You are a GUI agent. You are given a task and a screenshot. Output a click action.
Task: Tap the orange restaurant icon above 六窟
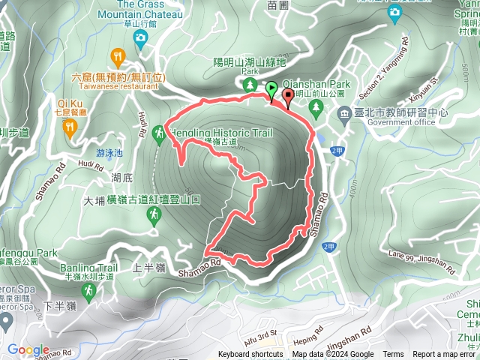pyautogui.click(x=118, y=56)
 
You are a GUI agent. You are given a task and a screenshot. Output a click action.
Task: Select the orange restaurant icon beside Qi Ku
pyautogui.click(x=70, y=127)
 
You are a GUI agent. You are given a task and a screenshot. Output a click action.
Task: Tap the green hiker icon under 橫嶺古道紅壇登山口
pyautogui.click(x=153, y=216)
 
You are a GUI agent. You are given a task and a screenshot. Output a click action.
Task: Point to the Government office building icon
pyautogui.click(x=345, y=113)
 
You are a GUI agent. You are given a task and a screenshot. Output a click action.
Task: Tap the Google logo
pyautogui.click(x=28, y=349)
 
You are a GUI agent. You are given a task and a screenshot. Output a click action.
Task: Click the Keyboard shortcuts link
pyautogui.click(x=250, y=355)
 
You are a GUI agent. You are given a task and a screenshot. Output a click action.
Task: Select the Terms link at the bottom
pyautogui.click(x=393, y=355)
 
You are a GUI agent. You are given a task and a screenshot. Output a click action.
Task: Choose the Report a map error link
pyautogui.click(x=445, y=355)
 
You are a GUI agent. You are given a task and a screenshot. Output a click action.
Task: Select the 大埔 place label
pyautogui.click(x=94, y=200)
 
